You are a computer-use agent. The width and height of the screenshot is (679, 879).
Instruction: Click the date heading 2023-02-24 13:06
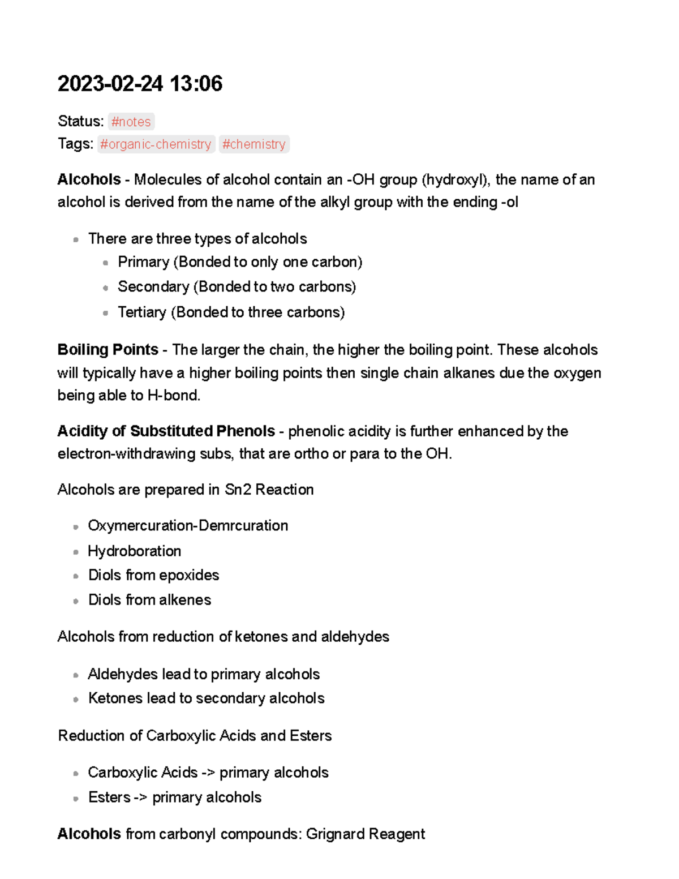click(140, 84)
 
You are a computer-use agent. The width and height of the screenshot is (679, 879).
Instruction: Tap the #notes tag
click(131, 122)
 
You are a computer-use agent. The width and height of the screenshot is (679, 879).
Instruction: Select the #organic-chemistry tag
click(156, 144)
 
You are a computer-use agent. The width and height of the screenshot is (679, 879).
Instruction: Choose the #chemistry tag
click(253, 144)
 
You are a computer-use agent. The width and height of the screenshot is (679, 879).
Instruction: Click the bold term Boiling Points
click(108, 350)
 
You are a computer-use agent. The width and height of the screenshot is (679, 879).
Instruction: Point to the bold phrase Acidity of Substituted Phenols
click(166, 431)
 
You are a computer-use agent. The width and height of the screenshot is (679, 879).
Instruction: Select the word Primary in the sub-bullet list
click(144, 262)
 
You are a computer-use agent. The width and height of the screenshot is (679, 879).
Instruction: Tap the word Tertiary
click(142, 312)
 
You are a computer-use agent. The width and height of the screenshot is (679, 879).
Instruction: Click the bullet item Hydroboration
click(134, 551)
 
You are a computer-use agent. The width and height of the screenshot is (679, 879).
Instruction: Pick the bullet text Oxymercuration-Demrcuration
click(188, 526)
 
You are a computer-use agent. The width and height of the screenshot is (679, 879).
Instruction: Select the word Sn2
click(238, 490)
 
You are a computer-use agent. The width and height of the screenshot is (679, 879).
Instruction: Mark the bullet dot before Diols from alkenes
click(76, 601)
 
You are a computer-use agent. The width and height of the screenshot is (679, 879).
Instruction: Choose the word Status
click(79, 122)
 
